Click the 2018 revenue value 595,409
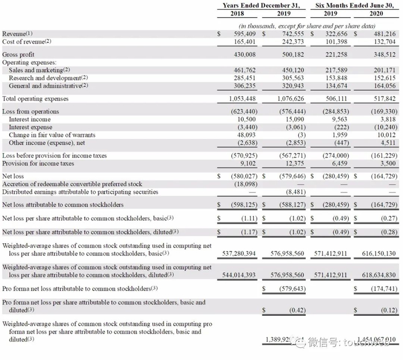click(244, 34)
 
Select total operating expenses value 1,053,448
click(242, 98)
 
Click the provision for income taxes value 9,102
click(245, 163)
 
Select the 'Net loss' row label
click(13, 176)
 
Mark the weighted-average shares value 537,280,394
click(238, 253)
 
